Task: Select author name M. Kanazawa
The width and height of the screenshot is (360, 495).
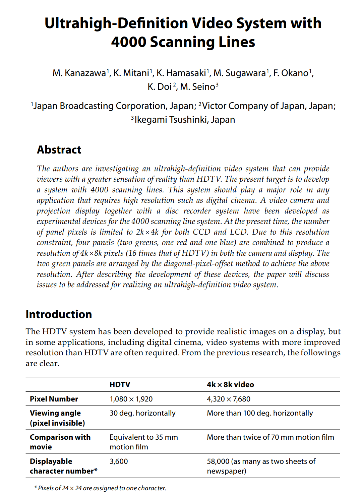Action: tap(79, 73)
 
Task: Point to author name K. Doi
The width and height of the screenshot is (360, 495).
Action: tap(160, 87)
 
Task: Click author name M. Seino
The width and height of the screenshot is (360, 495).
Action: tap(197, 87)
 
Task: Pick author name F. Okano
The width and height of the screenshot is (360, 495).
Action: tap(291, 73)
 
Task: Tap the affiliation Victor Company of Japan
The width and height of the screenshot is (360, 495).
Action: tap(253, 106)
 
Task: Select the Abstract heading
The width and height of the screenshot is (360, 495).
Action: tap(59, 150)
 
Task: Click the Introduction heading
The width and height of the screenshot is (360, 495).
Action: tap(59, 314)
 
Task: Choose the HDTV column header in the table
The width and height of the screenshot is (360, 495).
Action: tap(120, 385)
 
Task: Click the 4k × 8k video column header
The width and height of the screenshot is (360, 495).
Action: tap(230, 385)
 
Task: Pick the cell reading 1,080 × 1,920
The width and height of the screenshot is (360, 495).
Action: tap(131, 399)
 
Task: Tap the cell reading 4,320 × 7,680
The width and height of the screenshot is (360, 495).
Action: tap(229, 399)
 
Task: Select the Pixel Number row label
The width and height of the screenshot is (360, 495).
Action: tap(54, 399)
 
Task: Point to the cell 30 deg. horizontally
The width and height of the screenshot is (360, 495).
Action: tap(142, 413)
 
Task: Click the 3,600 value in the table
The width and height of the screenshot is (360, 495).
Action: tap(119, 461)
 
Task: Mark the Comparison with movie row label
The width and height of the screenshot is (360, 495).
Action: tap(60, 442)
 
